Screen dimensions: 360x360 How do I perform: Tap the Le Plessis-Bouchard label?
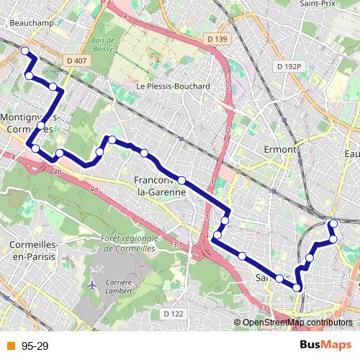(x=173, y=86)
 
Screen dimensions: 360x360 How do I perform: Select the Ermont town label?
(x=281, y=149)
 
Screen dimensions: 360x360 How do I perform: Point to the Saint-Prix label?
(x=315, y=4)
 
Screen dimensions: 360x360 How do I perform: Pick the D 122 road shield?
(x=174, y=314)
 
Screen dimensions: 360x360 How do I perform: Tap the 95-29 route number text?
(x=35, y=346)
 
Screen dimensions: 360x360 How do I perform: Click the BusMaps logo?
(x=325, y=346)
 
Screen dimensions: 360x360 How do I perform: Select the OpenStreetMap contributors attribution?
(x=297, y=323)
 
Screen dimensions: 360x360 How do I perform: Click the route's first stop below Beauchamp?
(x=24, y=50)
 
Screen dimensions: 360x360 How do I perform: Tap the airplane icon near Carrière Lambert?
(x=91, y=285)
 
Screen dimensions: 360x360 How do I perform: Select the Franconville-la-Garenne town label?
(x=161, y=186)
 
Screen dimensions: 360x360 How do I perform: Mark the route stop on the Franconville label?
(x=182, y=180)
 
